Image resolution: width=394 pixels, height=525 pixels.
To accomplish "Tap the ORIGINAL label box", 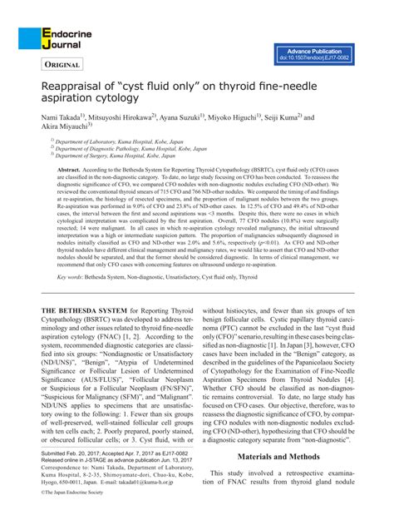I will click(x=65, y=63).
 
